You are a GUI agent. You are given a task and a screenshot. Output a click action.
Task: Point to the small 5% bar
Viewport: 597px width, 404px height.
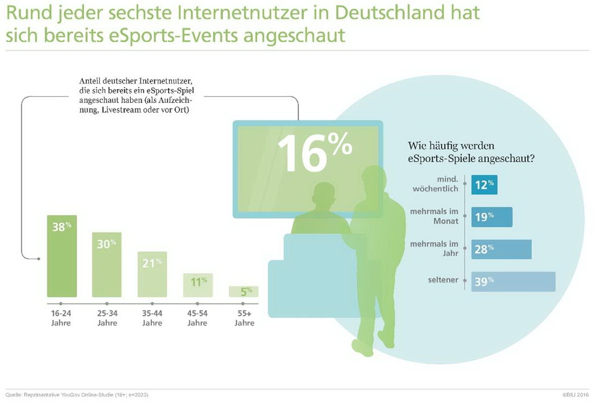(x=243, y=292)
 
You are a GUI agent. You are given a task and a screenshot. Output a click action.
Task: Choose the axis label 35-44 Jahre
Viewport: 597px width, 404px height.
(x=152, y=319)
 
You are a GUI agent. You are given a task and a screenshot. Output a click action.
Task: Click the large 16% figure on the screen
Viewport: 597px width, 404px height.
(x=313, y=149)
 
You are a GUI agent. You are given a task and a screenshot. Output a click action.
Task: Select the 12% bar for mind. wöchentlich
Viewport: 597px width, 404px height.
(x=484, y=185)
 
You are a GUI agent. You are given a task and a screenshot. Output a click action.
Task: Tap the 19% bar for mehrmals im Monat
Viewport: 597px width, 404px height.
(x=492, y=217)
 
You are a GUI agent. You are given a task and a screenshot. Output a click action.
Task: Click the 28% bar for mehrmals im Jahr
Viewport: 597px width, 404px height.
(x=501, y=249)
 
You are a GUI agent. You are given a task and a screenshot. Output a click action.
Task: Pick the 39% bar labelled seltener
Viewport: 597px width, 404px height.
(x=513, y=282)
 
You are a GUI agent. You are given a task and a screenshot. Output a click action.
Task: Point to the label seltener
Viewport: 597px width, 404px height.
(x=442, y=281)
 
